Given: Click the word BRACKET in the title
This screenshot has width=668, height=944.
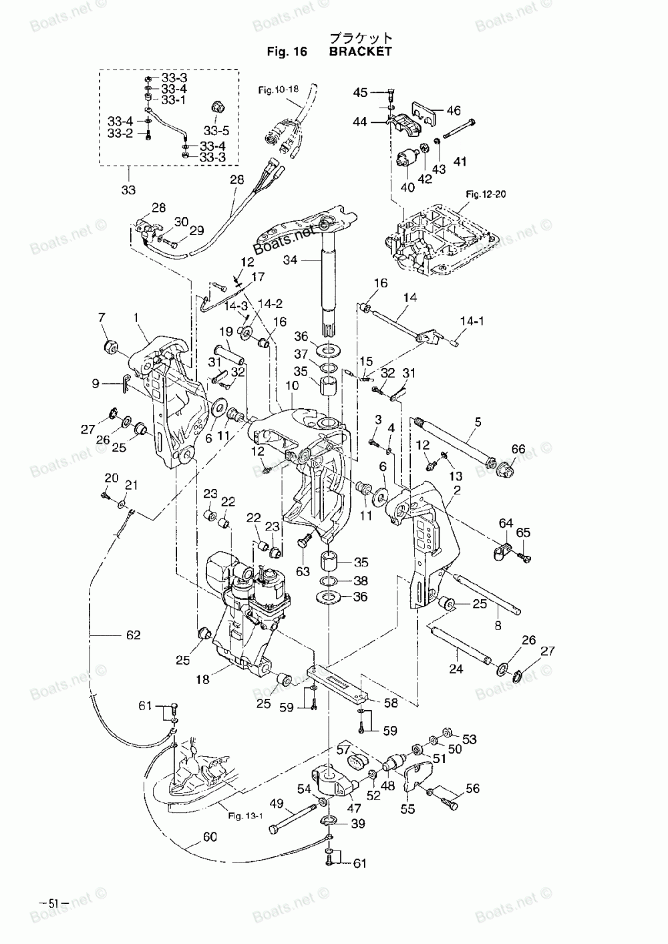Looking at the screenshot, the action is [x=360, y=51].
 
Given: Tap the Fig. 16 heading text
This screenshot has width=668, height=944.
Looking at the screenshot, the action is [x=287, y=51].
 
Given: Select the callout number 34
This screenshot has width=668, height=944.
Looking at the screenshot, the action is [x=290, y=260].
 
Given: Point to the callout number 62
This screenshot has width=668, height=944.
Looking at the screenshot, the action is [x=133, y=635].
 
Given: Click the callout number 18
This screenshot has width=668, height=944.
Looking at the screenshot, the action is [x=202, y=679].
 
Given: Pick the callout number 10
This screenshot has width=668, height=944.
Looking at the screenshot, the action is [x=292, y=385].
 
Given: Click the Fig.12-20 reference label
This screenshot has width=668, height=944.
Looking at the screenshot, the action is [x=486, y=194].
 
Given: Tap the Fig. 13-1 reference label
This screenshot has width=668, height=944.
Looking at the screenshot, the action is [x=245, y=816].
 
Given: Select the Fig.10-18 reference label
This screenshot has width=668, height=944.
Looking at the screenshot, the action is [x=278, y=90].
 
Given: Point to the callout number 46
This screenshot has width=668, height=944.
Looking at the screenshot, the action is [x=454, y=111].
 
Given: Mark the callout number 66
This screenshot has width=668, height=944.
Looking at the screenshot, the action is [x=518, y=449].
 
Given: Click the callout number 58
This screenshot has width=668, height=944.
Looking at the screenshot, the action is [x=391, y=703].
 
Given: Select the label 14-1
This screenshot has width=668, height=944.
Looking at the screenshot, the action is [x=472, y=321].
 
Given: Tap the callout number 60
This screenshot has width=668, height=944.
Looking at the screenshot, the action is [x=210, y=836].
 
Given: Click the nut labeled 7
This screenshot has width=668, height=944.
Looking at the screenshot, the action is [x=111, y=347].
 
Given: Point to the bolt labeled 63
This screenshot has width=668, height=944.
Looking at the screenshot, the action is [x=305, y=540].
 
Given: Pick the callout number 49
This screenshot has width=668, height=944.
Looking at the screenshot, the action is [x=277, y=804].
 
